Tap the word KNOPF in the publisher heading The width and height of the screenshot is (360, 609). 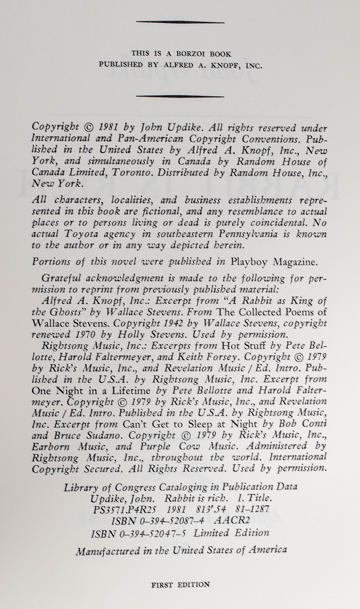221,65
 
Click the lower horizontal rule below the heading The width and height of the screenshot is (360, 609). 180,96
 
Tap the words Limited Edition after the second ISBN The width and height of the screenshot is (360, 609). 231,533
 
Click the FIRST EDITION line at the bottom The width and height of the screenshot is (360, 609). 180,585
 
